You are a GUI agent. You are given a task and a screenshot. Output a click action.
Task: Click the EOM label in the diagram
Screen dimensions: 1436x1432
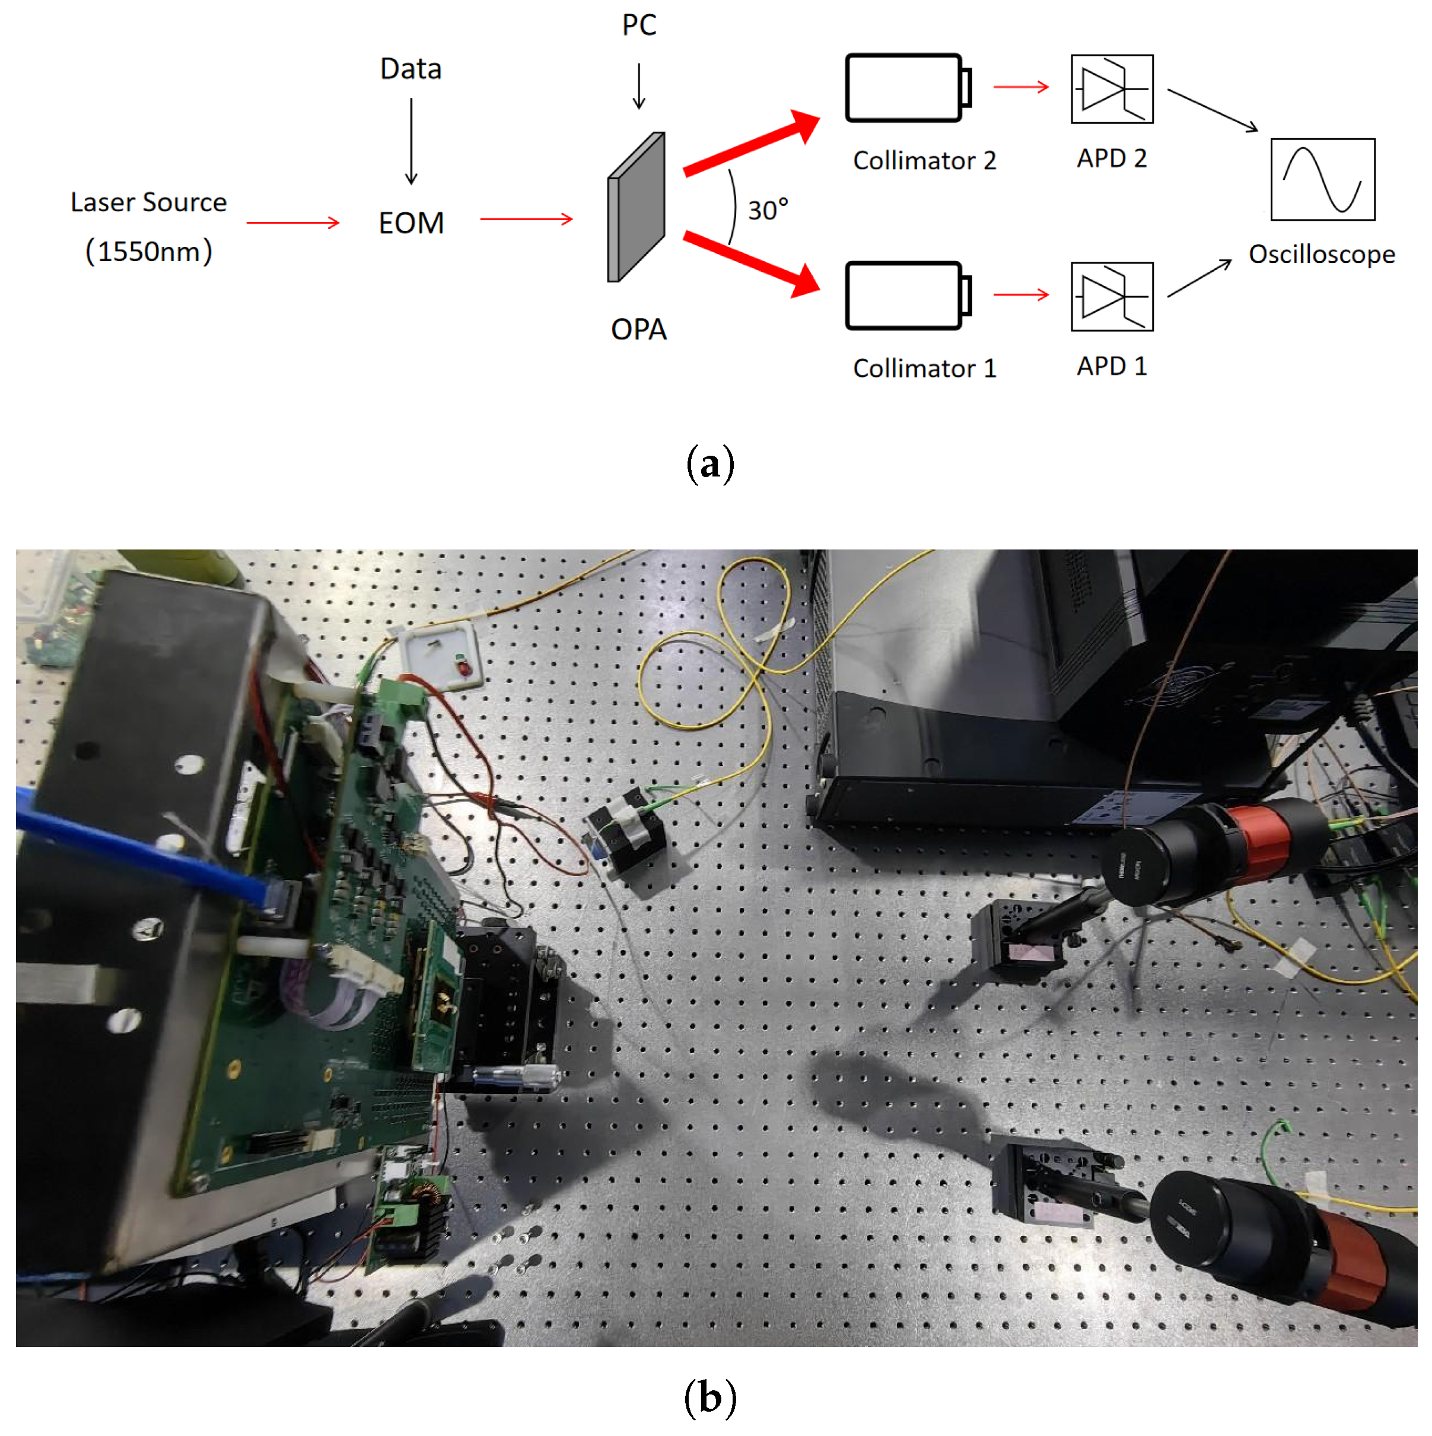coord(411,223)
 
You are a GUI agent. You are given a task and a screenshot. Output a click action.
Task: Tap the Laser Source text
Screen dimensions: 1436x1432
coord(149,202)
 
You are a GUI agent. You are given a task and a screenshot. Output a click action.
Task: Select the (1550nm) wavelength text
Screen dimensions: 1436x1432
coord(149,251)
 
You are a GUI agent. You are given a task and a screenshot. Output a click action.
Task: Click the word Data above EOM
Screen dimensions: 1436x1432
coord(411,69)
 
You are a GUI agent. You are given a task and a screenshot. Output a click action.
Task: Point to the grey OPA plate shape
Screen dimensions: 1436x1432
coord(636,208)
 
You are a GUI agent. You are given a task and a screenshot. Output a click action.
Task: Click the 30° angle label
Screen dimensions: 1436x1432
coord(768,210)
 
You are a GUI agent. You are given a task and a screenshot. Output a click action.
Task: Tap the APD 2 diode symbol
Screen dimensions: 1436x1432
coord(1112,88)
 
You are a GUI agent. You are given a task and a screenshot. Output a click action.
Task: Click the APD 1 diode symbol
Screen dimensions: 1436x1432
coord(1112,296)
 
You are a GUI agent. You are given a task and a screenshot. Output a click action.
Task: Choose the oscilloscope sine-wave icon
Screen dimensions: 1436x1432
coord(1323,179)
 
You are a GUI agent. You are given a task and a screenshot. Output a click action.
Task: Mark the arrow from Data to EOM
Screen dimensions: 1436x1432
coord(411,141)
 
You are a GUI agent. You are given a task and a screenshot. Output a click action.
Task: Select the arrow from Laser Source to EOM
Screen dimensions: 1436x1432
coord(293,223)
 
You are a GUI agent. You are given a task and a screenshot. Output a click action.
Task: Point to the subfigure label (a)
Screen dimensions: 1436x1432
coord(709,464)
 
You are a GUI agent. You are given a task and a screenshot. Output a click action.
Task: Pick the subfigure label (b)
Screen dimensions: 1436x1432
coord(709,1397)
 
